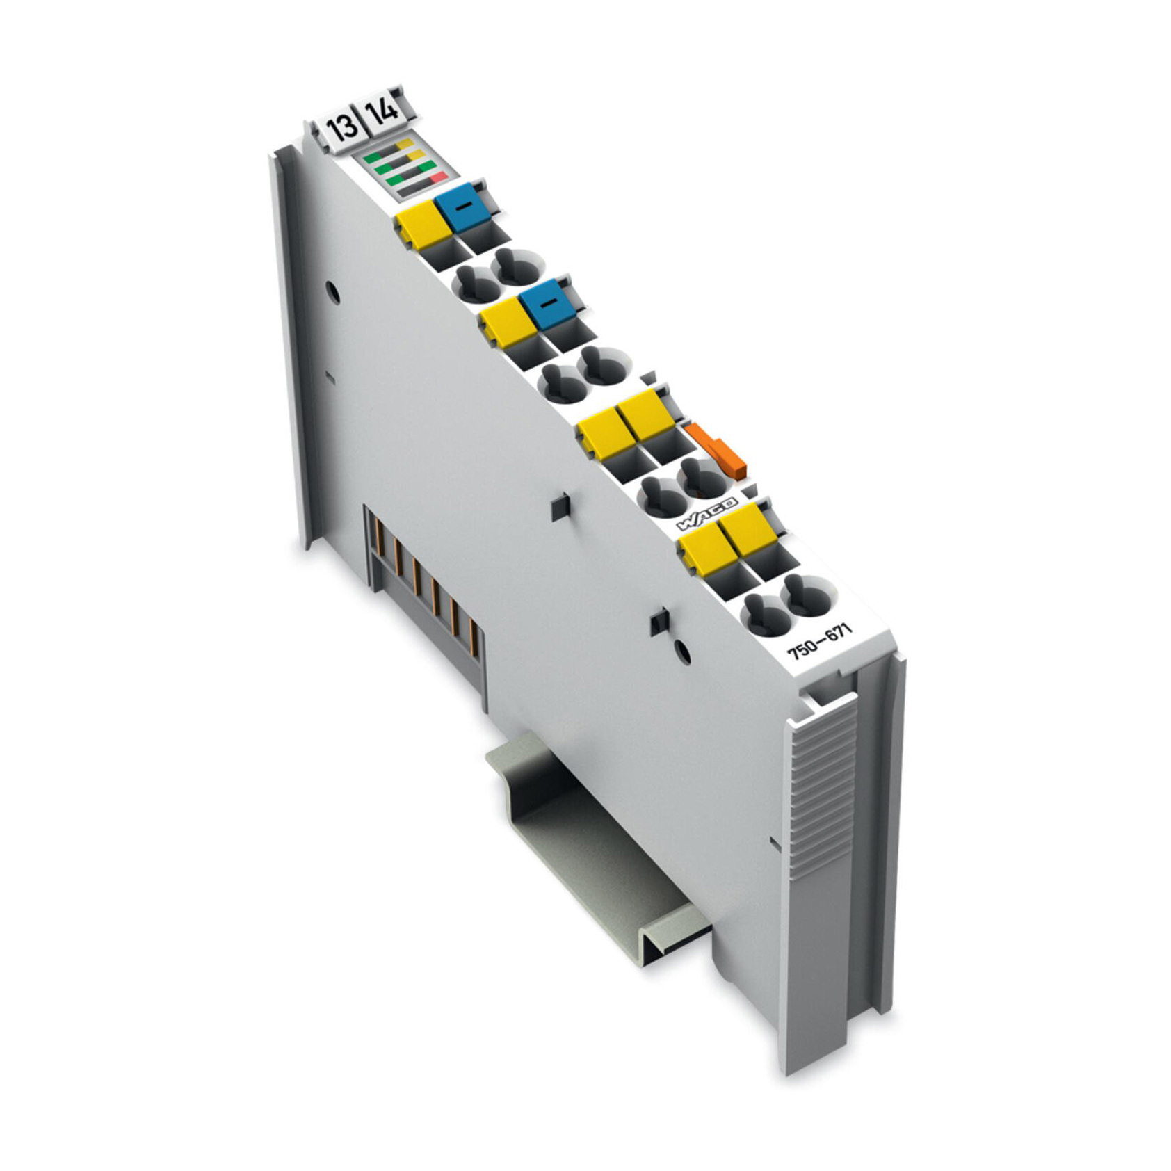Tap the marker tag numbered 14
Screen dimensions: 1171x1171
pos(383,113)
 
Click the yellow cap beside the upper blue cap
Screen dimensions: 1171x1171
pos(421,225)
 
